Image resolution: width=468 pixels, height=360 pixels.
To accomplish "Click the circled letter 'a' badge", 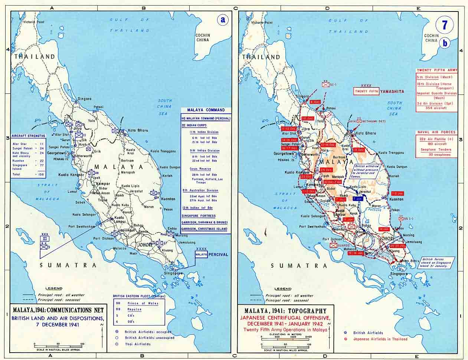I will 223,20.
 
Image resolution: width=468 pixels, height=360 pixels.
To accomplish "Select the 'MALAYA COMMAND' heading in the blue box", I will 206,110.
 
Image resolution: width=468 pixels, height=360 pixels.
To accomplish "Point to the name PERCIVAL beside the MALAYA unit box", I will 218,254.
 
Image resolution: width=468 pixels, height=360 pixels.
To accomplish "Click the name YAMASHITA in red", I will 391,91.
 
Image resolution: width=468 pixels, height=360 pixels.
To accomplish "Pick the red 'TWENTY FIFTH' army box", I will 366,91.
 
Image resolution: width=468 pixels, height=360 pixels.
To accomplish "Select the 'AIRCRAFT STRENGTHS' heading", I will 28,136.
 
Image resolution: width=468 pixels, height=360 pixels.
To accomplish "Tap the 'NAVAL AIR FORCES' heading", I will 436,132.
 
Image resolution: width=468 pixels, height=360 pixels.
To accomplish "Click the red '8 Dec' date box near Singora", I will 315,102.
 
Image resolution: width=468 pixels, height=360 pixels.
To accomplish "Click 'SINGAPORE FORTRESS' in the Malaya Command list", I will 198,216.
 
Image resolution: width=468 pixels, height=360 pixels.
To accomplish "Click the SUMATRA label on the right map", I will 299,265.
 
